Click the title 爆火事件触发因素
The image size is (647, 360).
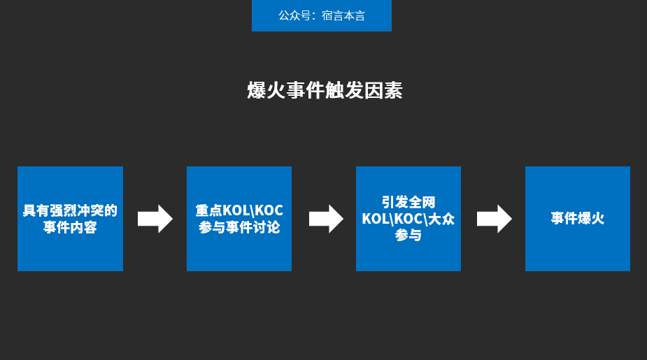325,91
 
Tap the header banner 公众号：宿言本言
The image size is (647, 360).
321,15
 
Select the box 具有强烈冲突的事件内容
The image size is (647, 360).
70,219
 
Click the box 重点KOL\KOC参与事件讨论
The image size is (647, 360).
239,219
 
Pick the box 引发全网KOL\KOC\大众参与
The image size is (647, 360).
408,219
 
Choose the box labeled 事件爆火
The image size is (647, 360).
577,219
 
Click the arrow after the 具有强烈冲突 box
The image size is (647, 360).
155,219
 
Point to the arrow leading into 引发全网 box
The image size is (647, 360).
326,219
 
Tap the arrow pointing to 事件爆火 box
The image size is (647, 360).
494,219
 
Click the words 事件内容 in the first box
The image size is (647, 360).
70,228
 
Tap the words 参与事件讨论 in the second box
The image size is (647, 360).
239,228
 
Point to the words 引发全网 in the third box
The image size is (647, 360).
408,202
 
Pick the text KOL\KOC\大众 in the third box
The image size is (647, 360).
408,219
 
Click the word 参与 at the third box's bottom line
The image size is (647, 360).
408,236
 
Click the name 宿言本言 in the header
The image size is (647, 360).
343,15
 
